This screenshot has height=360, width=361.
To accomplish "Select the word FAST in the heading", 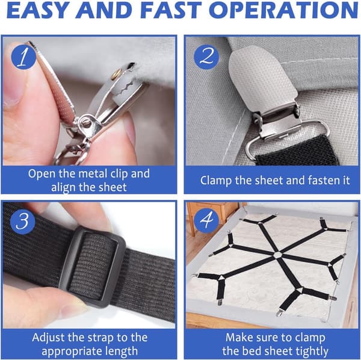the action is tap(171, 10).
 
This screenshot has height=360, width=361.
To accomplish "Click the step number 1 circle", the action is tap(23, 57).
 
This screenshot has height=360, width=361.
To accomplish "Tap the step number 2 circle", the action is tap(206, 57).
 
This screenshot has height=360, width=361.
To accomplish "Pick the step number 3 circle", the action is tap(22, 222).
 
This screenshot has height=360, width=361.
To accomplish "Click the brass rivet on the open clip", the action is tap(116, 75).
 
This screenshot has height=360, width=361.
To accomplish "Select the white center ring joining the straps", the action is tap(277, 255).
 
